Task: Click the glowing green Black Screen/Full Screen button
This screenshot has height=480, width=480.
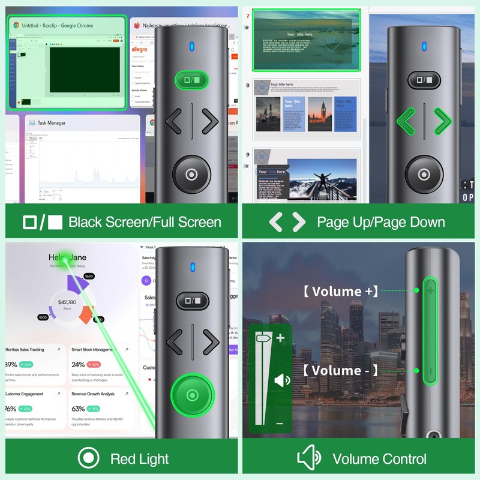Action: pyautogui.click(x=191, y=80)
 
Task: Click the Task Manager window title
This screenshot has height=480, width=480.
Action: pyautogui.click(x=52, y=123)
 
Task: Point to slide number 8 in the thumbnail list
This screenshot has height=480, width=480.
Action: pyautogui.click(x=247, y=85)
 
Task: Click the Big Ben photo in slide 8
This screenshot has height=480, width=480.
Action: pyautogui.click(x=320, y=114)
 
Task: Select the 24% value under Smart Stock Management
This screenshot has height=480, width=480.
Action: pyautogui.click(x=78, y=364)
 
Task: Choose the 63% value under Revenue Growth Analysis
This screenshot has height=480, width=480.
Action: pyautogui.click(x=78, y=409)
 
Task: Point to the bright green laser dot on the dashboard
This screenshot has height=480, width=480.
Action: pyautogui.click(x=63, y=256)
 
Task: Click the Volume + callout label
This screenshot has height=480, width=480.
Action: pyautogui.click(x=340, y=291)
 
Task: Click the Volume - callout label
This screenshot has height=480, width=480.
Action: pyautogui.click(x=340, y=370)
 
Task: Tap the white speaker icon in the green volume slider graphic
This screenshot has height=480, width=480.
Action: pyautogui.click(x=281, y=380)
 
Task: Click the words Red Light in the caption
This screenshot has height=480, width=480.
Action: pyautogui.click(x=140, y=459)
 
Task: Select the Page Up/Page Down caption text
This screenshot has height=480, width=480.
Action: pyautogui.click(x=381, y=222)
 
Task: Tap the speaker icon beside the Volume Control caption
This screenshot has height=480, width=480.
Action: pyautogui.click(x=309, y=459)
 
